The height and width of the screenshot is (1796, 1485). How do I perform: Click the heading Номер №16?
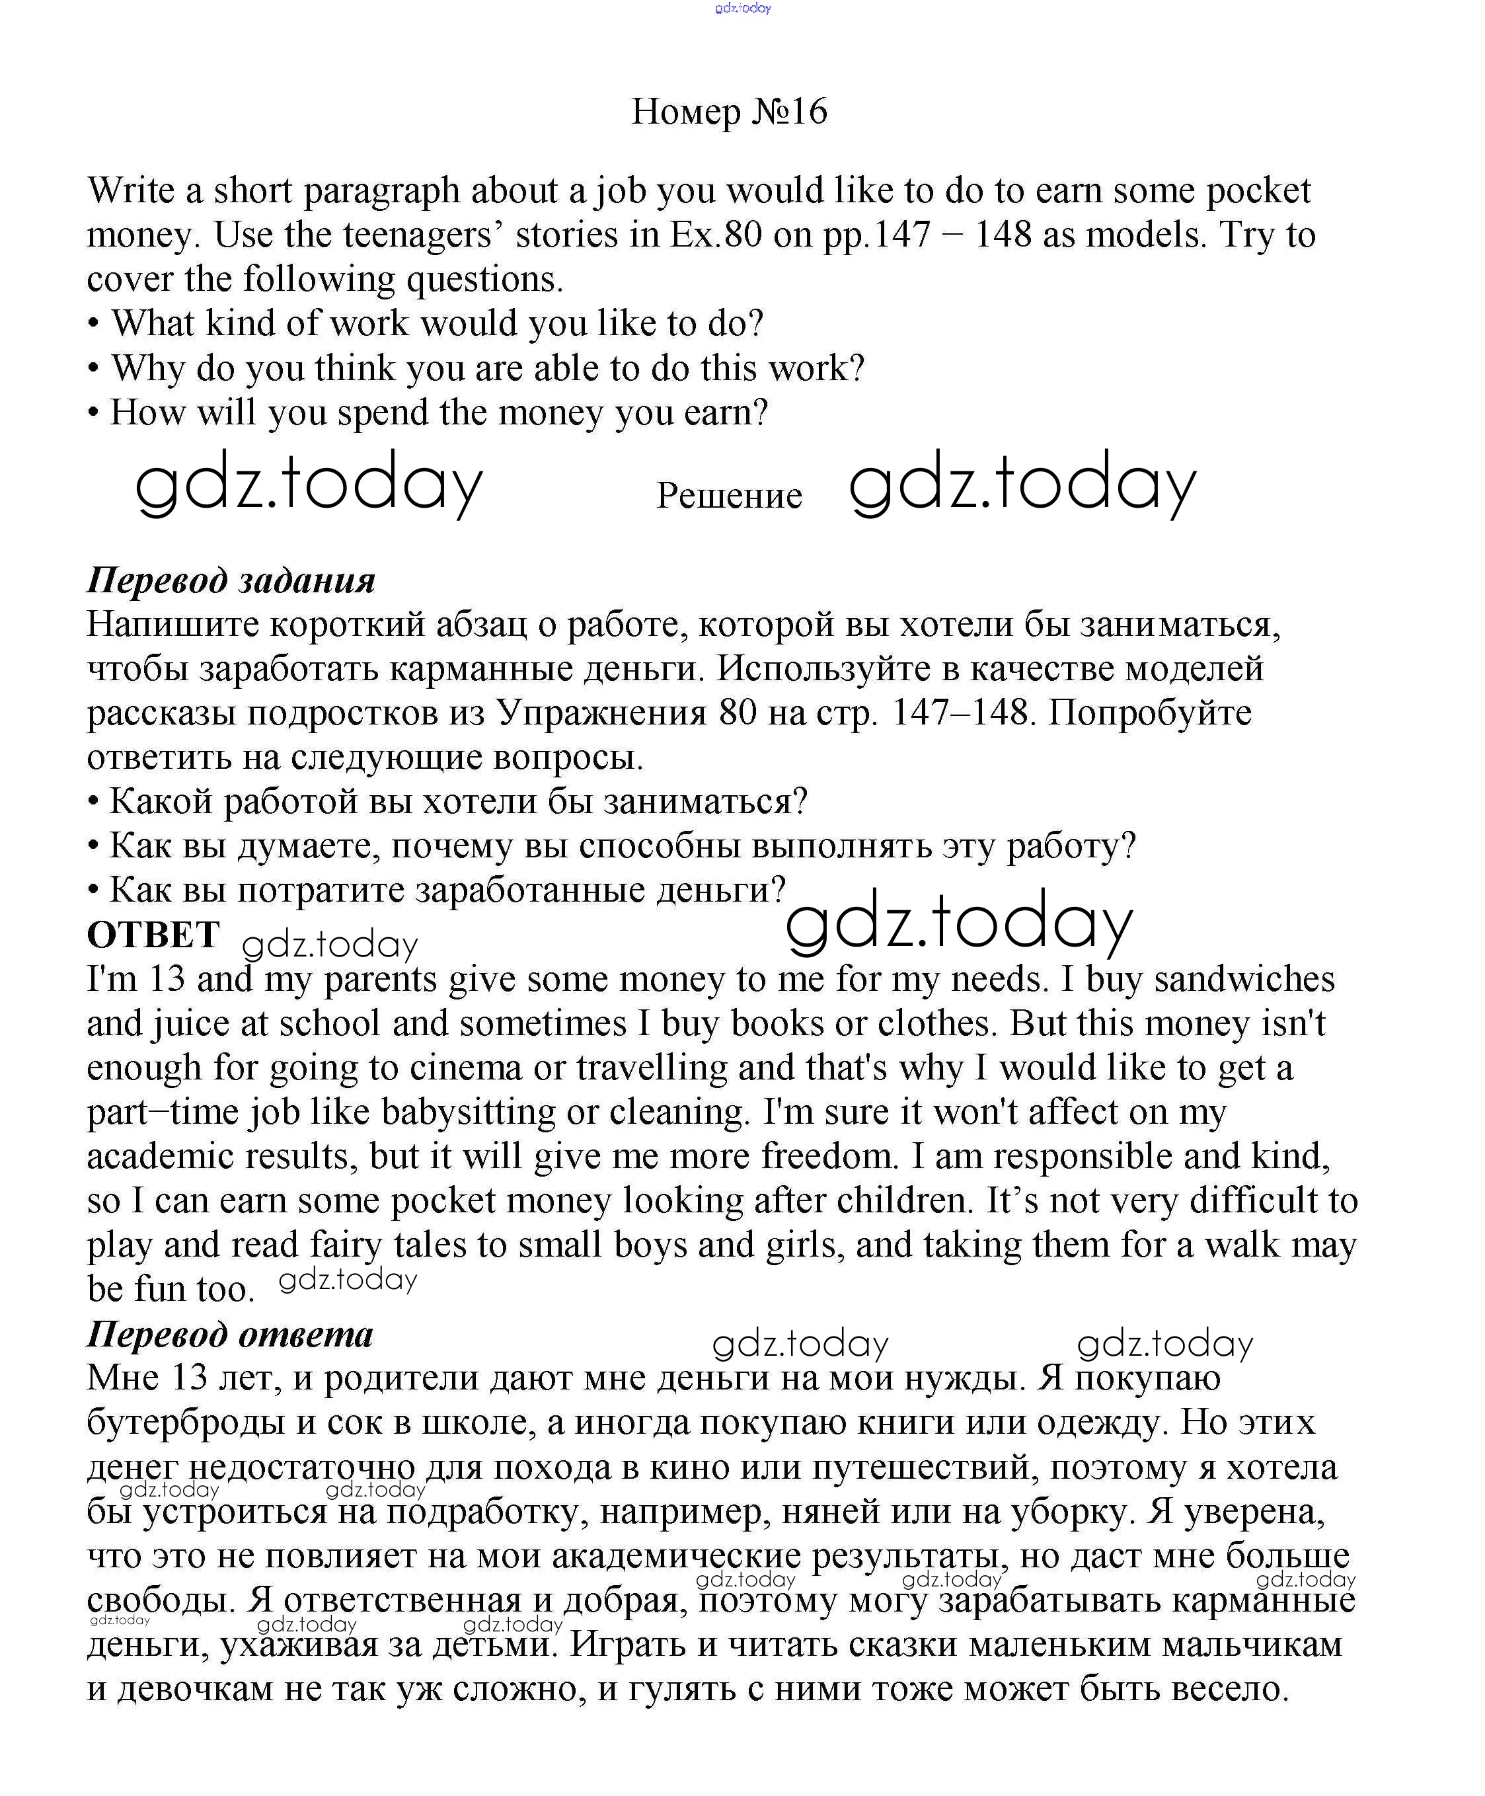(728, 112)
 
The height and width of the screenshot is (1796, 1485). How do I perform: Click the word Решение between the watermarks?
(728, 496)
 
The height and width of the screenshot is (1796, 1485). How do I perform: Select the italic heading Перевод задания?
(231, 580)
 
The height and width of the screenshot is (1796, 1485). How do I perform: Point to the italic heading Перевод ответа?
(230, 1335)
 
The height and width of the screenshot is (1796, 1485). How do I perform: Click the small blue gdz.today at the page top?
(742, 9)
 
